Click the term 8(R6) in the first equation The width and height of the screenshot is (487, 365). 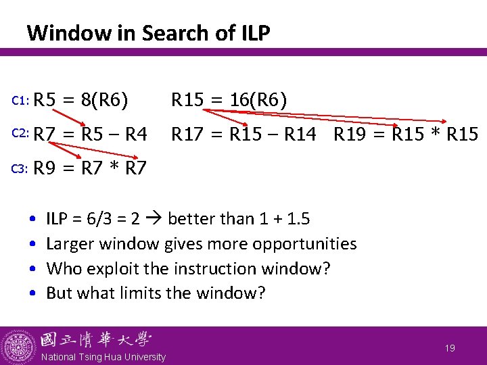click(104, 101)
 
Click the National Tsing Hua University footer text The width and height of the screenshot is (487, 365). click(103, 357)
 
